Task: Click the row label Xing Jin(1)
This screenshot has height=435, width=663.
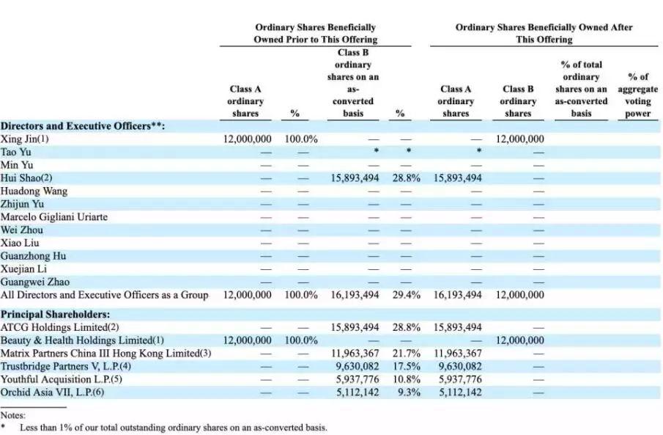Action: [x=25, y=139]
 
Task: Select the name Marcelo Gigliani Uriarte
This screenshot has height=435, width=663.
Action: [x=54, y=217]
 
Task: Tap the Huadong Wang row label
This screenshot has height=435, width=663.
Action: [x=34, y=191]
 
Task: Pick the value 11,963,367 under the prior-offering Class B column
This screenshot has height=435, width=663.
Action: [x=355, y=354]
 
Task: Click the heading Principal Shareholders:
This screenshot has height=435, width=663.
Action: [x=56, y=314]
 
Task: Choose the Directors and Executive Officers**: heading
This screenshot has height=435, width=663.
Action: [x=83, y=125]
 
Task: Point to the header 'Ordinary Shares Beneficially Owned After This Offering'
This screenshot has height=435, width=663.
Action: [x=544, y=33]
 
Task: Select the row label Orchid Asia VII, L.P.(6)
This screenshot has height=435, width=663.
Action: [x=51, y=392]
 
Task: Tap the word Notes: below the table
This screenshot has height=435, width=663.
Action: [x=13, y=414]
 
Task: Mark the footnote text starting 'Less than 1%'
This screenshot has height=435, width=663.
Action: [x=173, y=427]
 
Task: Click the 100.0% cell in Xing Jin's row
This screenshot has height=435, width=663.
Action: [x=300, y=139]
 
